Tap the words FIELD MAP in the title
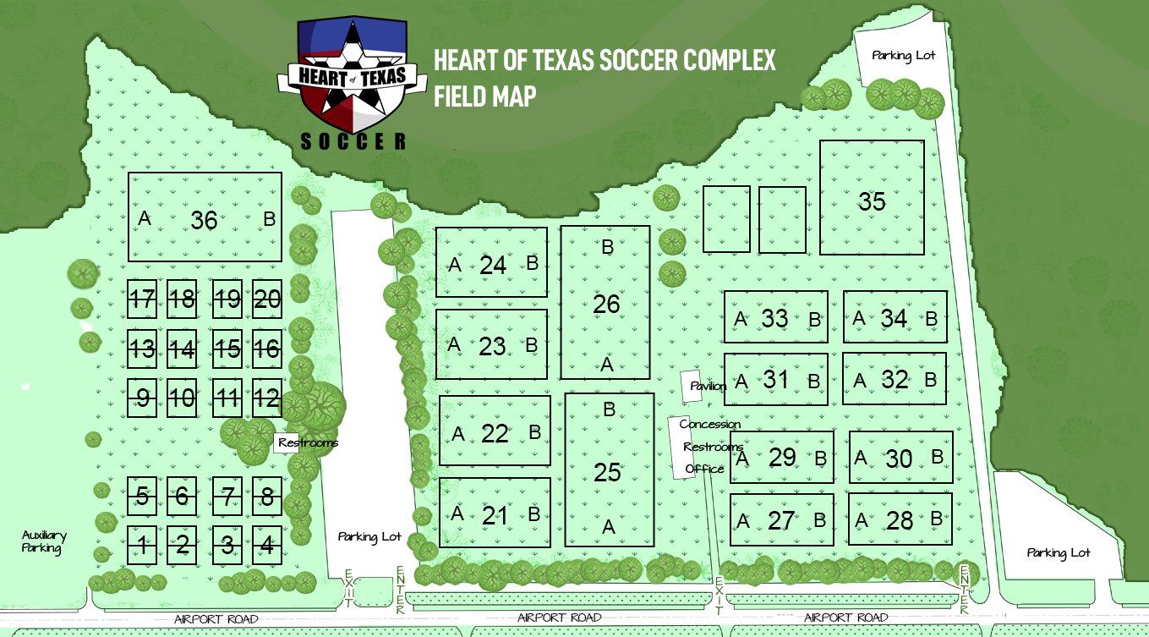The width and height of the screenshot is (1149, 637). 485,96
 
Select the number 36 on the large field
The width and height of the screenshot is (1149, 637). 204,220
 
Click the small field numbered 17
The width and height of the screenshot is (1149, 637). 143,299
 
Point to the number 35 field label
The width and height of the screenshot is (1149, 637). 872,201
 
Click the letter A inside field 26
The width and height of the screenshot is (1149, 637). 606,365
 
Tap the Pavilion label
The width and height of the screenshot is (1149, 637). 708,387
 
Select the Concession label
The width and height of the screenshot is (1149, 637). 710,424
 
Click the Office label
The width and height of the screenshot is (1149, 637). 704,469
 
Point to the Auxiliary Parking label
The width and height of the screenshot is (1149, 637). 44,541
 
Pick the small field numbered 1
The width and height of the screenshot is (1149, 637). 143,546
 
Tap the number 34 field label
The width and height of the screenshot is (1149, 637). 894,318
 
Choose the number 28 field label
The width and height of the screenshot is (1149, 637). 900,520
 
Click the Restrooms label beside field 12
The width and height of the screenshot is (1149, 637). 309,442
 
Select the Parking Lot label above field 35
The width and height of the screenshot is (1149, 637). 903,56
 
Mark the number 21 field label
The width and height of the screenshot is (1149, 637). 495,514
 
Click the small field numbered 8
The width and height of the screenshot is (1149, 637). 267,497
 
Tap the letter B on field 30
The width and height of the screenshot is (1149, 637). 937,457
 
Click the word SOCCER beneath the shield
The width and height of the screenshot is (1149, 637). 353,141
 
